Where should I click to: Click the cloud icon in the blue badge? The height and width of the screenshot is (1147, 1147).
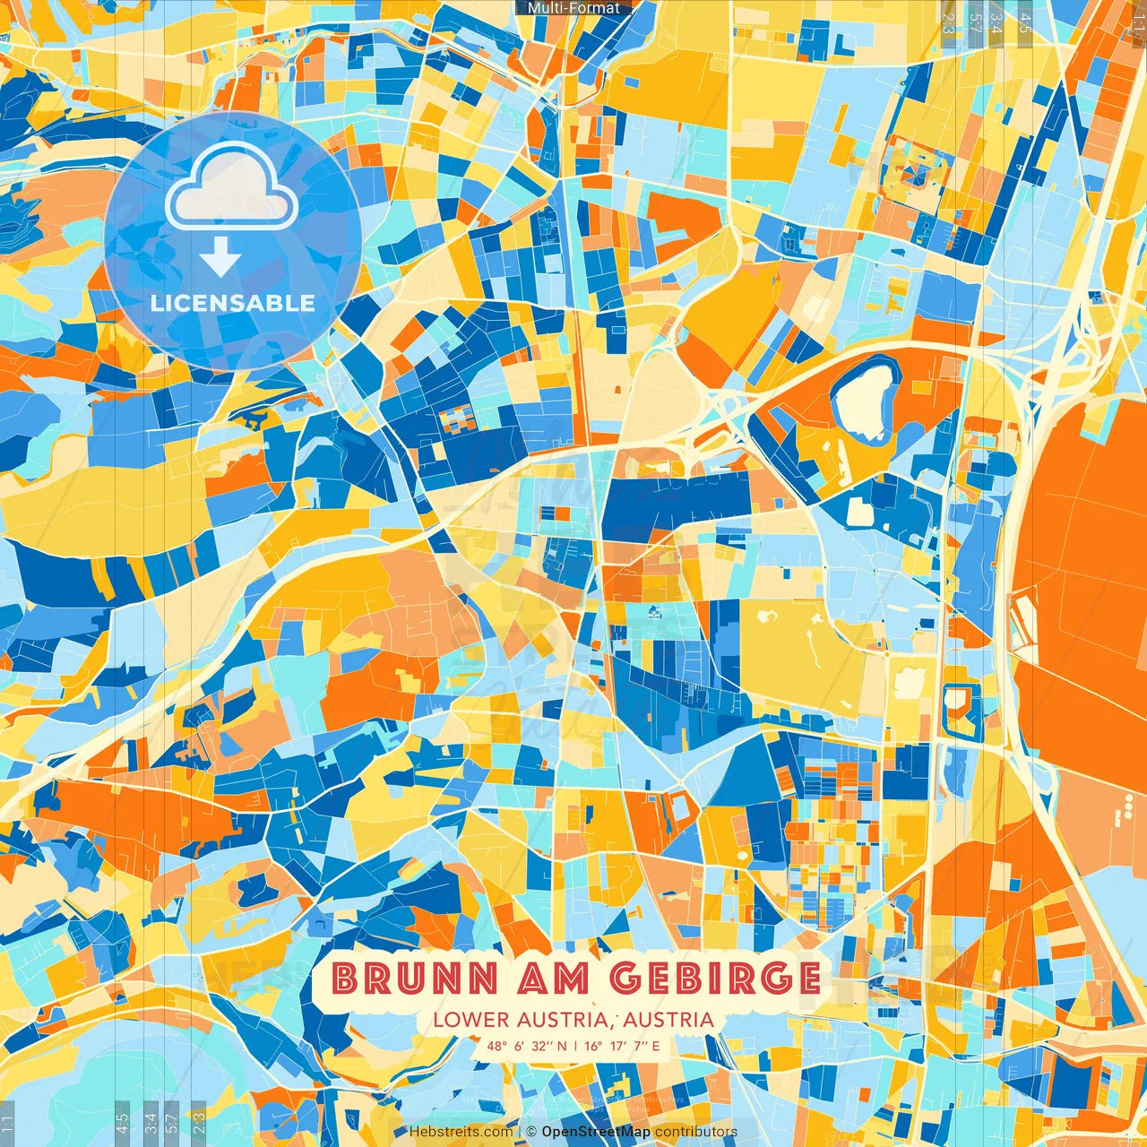pos(231,187)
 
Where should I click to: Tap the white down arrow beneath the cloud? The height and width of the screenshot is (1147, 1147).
pos(220,257)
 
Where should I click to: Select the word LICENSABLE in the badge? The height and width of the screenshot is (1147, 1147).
pos(233,303)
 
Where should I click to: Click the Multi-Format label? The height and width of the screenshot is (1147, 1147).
pos(573,8)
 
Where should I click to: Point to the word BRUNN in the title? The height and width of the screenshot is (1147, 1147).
pos(413,978)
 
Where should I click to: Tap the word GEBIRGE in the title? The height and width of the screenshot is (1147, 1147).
pos(715,978)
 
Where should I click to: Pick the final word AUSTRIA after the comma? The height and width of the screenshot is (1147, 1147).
pos(668,1020)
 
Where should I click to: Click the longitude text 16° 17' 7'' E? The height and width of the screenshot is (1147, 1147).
pos(622,1046)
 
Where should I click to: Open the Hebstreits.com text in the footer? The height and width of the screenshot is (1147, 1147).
pos(461,1132)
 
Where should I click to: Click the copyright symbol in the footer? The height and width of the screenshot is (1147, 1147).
pos(531,1132)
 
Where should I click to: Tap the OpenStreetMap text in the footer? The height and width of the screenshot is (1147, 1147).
pos(596,1132)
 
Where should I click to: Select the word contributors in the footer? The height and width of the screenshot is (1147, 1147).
pos(696,1132)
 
